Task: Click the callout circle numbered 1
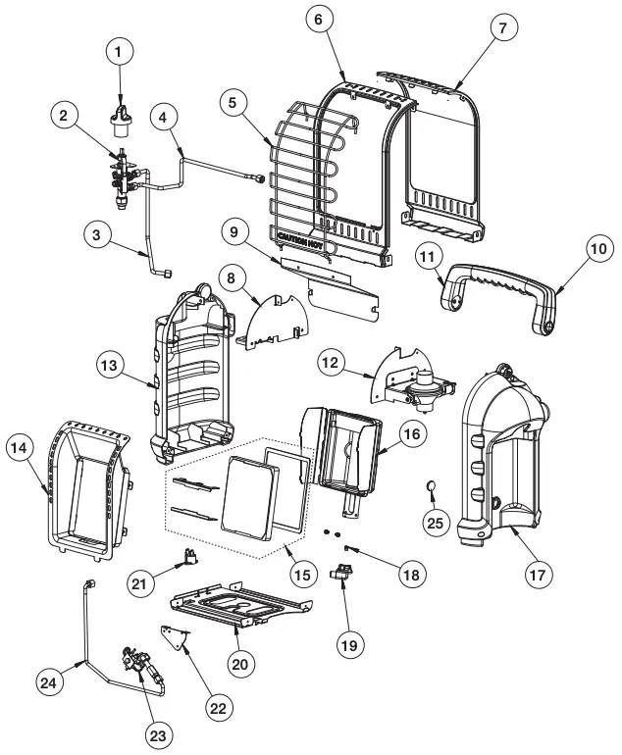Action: (120, 50)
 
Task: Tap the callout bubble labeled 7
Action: (502, 28)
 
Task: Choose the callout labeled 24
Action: (51, 680)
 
